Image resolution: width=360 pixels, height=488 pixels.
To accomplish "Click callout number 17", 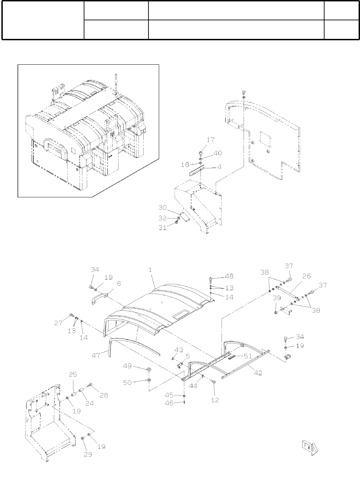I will point(211,140).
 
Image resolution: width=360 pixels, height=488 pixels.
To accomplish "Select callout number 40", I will point(218,153).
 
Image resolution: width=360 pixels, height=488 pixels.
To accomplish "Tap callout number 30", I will point(163,208).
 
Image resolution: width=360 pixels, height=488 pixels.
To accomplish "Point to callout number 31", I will point(163,227).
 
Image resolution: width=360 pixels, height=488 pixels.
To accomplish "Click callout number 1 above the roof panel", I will point(150,270).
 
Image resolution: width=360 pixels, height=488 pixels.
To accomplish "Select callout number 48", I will point(229,276).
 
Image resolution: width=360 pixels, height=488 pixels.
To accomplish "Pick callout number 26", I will point(306,276).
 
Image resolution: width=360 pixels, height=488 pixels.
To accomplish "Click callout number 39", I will point(277,298).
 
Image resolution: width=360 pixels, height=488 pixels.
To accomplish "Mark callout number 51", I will point(248,356).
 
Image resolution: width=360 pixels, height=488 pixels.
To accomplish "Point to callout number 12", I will point(215,400).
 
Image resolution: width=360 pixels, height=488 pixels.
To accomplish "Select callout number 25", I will point(73,374).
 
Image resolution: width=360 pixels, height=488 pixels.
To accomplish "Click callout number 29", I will point(88,454).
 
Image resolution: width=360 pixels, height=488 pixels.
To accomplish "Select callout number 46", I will point(169,403).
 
